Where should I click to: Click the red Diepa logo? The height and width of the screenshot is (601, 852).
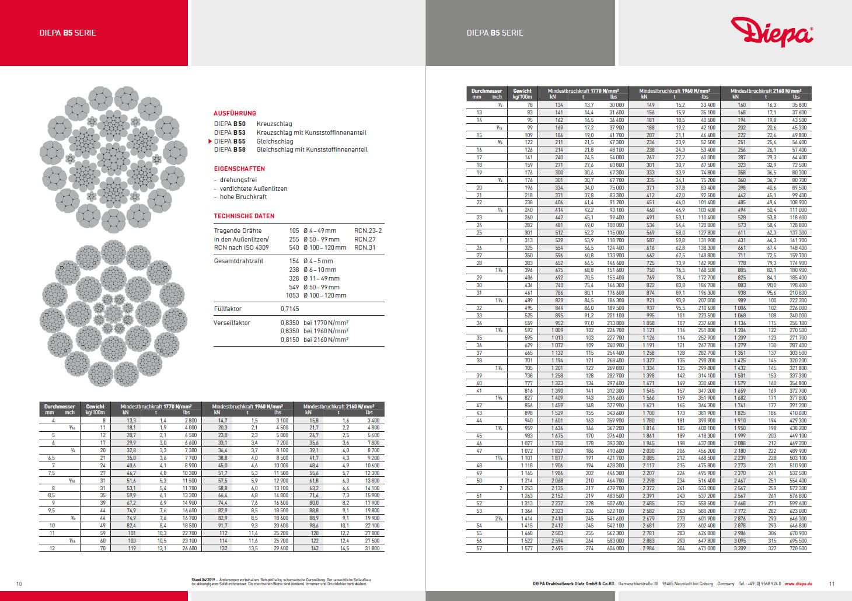coord(771,32)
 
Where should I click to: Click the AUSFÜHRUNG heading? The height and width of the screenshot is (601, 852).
coord(235,113)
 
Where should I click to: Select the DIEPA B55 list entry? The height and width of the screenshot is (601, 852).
coord(230,141)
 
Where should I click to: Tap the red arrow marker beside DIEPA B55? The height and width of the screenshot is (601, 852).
coord(210,141)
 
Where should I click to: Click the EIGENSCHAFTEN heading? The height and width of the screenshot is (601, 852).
coord(239,169)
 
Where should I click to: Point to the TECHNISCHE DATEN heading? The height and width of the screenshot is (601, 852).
coord(244,216)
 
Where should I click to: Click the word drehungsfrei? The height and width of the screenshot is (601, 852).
coord(238,180)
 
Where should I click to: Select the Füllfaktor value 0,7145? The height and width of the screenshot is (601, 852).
coord(289,309)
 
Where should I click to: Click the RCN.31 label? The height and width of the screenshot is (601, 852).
coord(365,247)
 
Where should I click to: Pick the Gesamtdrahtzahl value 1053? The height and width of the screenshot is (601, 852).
coord(292,295)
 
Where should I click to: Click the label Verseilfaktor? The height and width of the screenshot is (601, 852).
coord(232,323)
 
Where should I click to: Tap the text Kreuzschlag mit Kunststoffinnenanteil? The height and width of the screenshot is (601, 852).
coord(311,132)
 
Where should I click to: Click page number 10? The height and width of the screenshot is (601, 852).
coord(19,583)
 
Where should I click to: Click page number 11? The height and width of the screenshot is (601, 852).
coord(832,583)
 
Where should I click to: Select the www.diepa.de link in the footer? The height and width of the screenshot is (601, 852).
coord(798,583)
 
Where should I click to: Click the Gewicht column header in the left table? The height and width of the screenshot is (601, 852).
coord(95,407)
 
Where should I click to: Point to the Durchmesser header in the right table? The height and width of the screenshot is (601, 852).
coord(487,91)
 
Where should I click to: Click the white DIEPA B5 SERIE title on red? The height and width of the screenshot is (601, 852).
coord(68,33)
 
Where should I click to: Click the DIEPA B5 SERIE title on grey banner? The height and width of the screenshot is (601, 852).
coord(495,33)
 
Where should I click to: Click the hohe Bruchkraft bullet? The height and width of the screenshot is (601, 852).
coord(243,197)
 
